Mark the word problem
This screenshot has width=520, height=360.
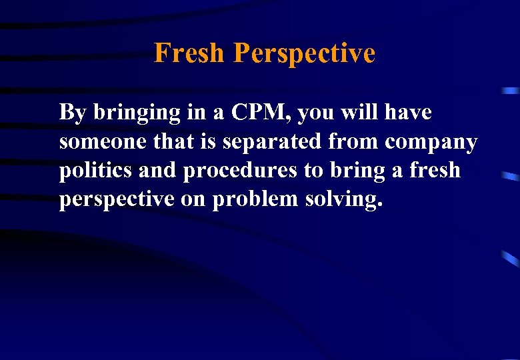click(257, 199)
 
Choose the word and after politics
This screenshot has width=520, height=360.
click(159, 171)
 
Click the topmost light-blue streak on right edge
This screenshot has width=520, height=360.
click(511, 90)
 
